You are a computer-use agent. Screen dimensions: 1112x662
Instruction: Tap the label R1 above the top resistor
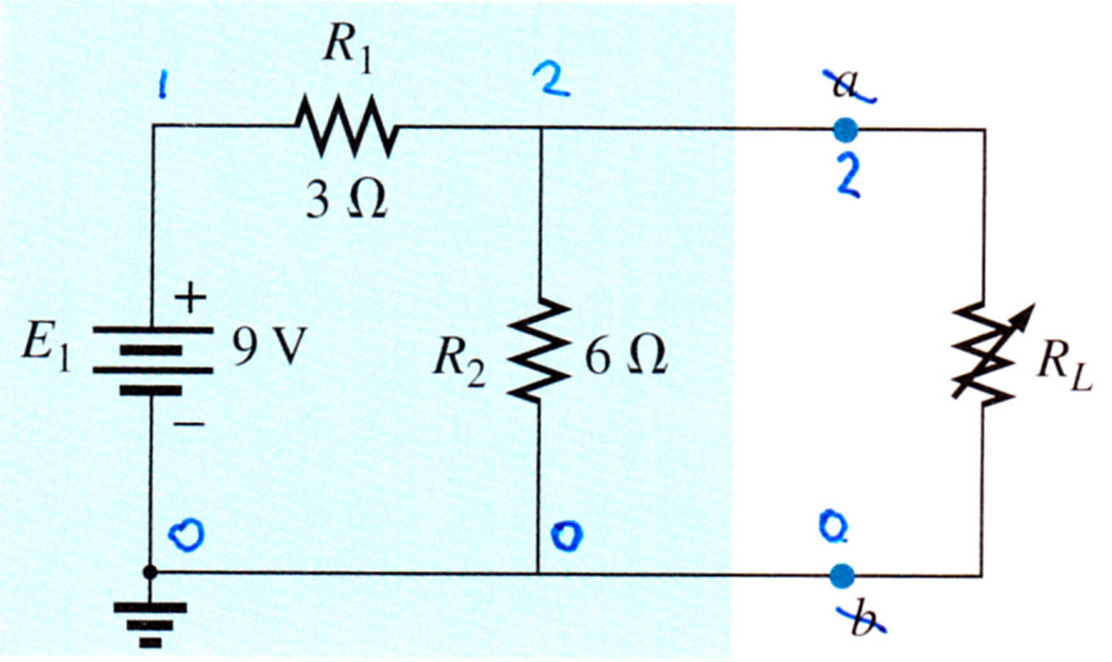(x=348, y=52)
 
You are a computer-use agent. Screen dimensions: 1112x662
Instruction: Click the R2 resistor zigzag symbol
(x=539, y=350)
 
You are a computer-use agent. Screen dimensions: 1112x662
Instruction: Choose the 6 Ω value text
(x=625, y=356)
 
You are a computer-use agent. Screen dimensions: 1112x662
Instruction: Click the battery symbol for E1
(x=153, y=360)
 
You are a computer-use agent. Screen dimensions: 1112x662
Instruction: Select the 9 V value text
(x=268, y=347)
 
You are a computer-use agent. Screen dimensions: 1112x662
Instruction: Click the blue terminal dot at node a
(x=846, y=130)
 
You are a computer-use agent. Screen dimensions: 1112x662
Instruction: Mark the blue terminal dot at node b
(x=842, y=576)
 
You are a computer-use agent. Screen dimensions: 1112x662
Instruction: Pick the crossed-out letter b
(x=861, y=620)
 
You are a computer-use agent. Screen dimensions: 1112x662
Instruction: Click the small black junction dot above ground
(x=150, y=573)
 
